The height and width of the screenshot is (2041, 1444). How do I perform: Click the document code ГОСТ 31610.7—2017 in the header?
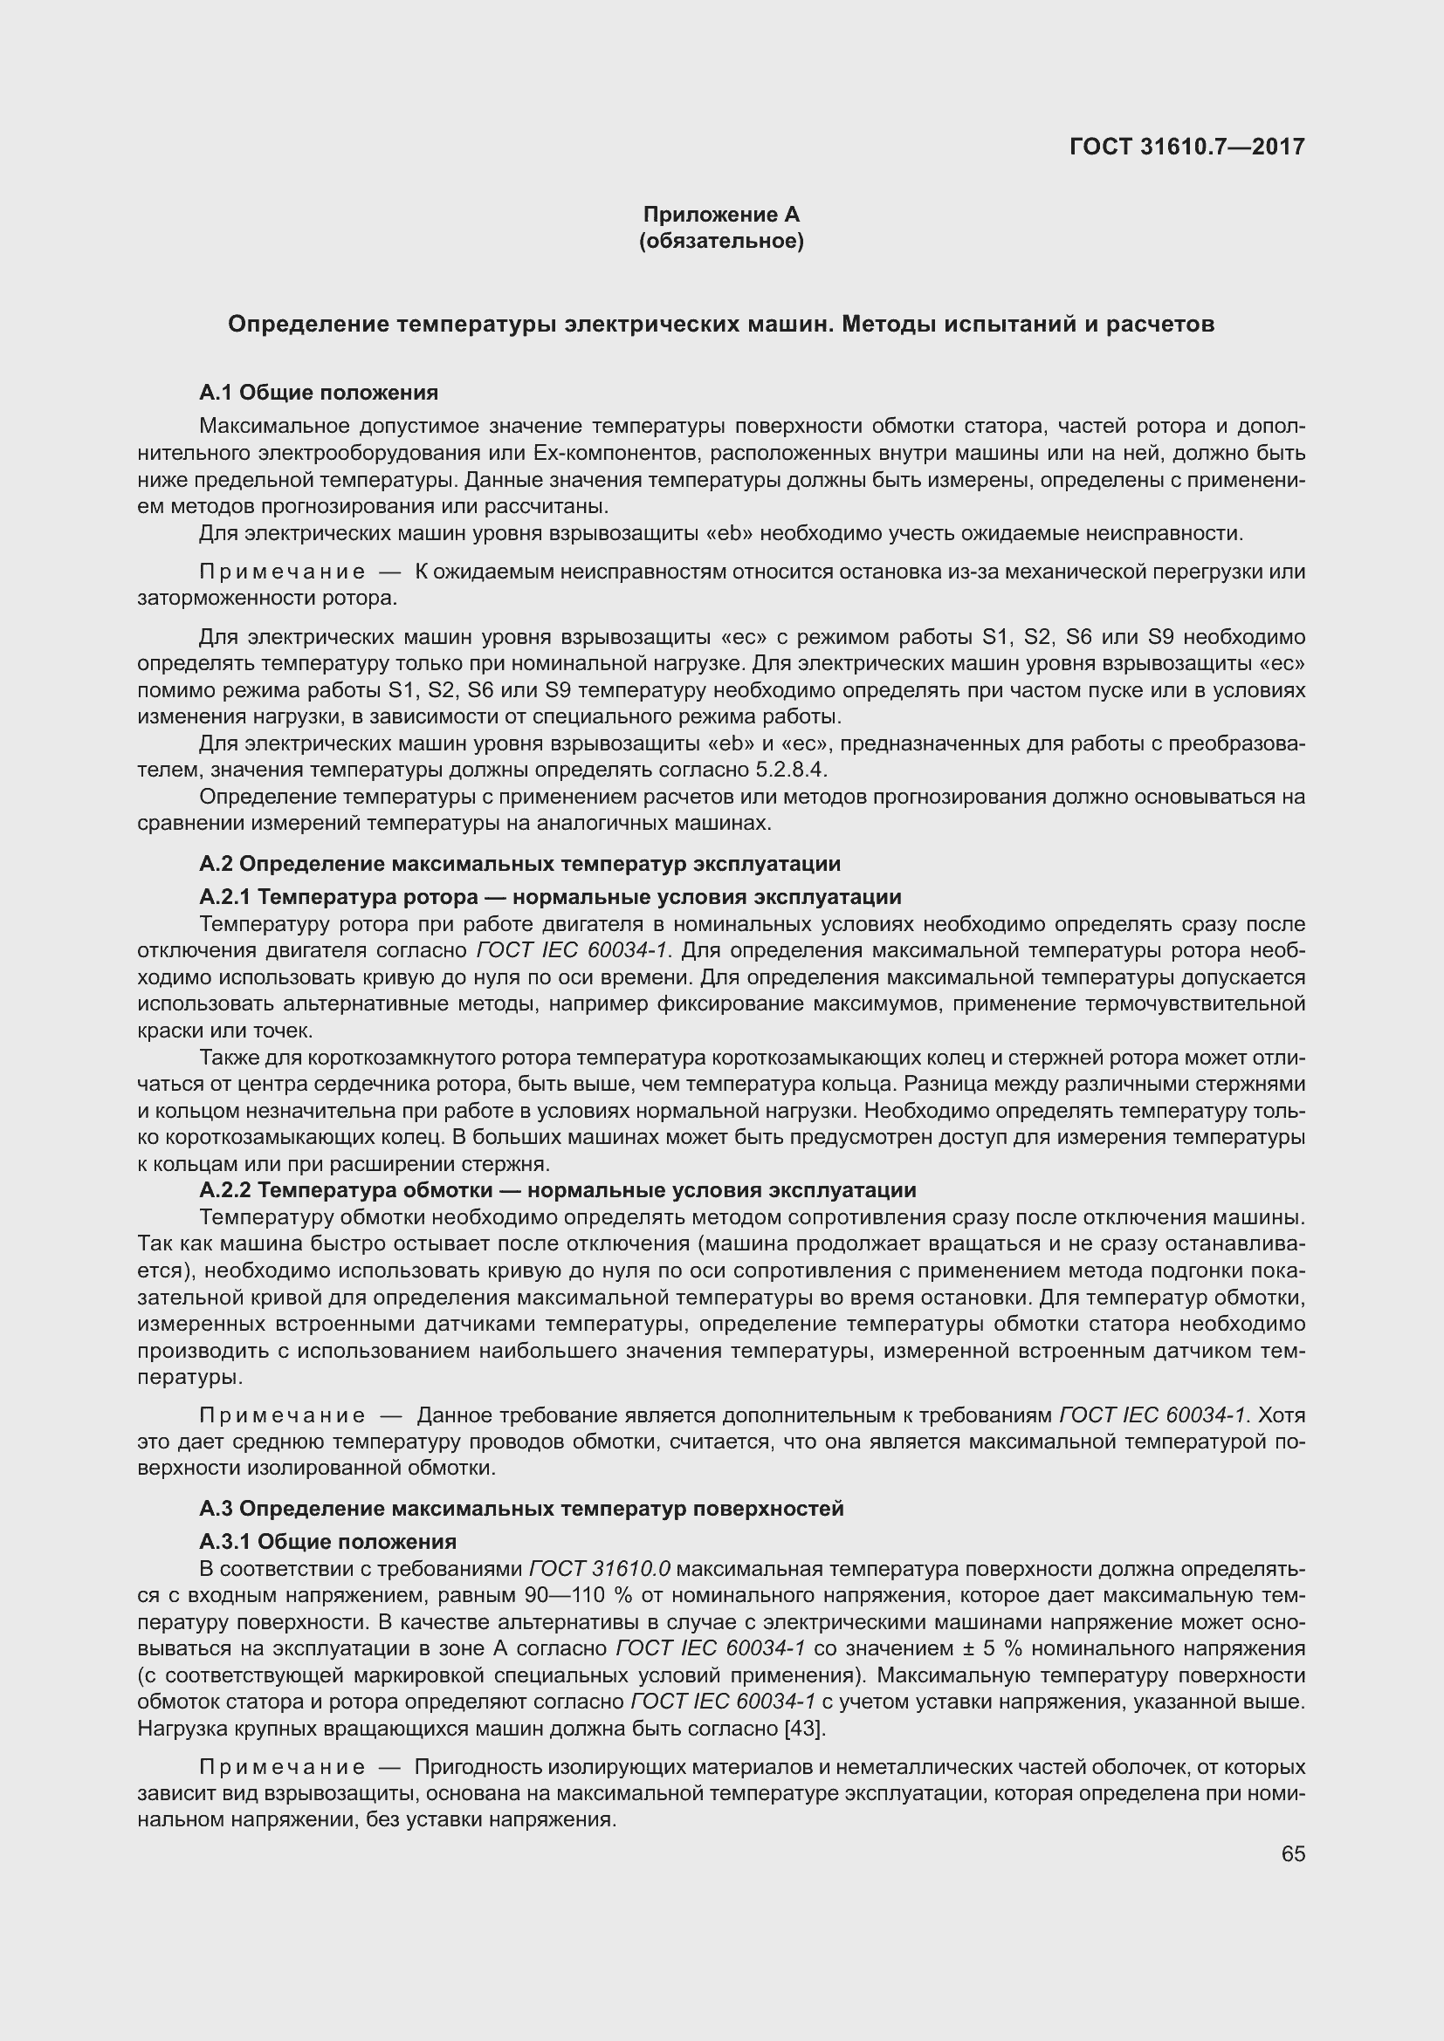[1187, 147]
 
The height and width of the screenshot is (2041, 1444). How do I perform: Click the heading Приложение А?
[721, 215]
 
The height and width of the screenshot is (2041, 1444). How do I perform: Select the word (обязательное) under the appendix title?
[721, 241]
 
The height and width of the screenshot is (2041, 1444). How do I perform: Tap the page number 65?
[1293, 1853]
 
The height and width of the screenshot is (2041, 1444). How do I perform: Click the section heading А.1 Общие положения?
[319, 392]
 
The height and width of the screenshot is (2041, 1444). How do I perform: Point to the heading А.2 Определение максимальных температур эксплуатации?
[519, 863]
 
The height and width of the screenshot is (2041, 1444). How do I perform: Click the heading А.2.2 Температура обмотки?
[557, 1189]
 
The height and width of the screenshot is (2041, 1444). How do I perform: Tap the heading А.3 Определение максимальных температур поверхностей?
[521, 1508]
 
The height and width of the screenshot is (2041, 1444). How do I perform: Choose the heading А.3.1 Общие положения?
[327, 1540]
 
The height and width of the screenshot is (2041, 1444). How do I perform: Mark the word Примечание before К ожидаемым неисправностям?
[282, 572]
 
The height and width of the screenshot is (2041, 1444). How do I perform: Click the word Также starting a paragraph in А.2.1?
[228, 1058]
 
